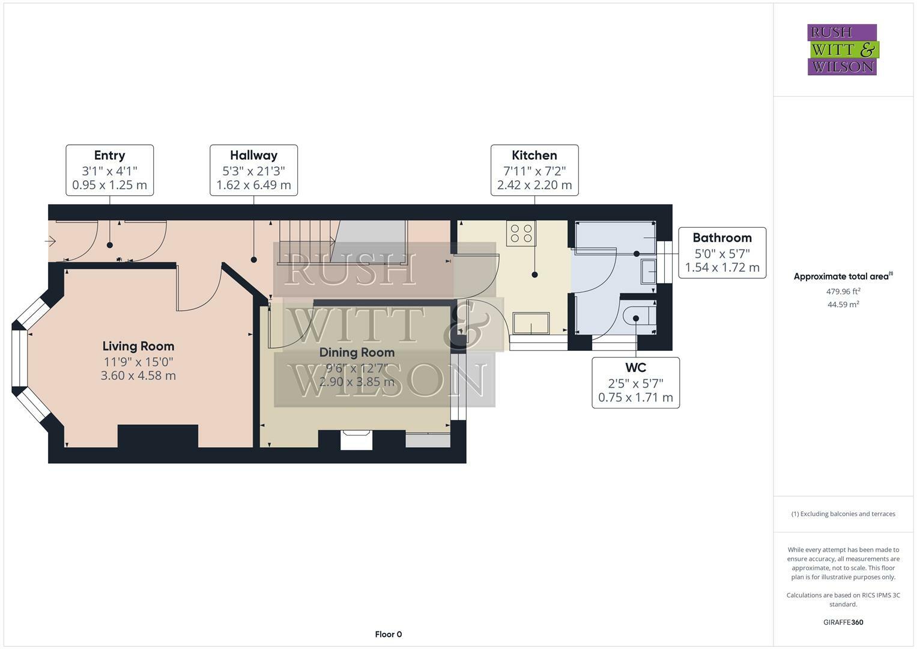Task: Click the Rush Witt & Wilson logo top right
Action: [x=842, y=49]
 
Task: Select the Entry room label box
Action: [x=109, y=170]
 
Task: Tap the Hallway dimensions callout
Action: [x=253, y=170]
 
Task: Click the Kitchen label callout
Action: [x=534, y=170]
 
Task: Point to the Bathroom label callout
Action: [x=722, y=252]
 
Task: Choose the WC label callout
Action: [x=635, y=383]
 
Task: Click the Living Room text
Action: [x=138, y=346]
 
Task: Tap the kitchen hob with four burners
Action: [x=521, y=234]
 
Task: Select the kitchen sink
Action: [x=530, y=323]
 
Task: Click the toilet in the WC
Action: [x=637, y=316]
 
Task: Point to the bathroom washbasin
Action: [x=648, y=271]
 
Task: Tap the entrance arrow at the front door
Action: [x=50, y=242]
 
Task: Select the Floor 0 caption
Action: [x=388, y=634]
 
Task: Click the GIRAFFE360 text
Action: [x=843, y=622]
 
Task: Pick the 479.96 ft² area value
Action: [x=843, y=291]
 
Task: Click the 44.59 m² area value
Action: [x=843, y=305]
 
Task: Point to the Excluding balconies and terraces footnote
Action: [x=843, y=514]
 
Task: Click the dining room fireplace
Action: [x=356, y=440]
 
